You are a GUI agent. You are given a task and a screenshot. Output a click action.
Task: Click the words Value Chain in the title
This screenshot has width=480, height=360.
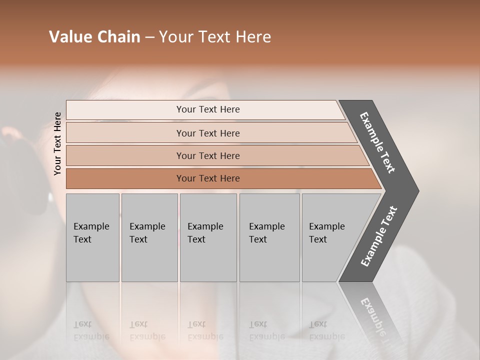94,37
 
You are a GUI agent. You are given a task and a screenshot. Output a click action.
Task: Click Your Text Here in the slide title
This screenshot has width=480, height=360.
215,37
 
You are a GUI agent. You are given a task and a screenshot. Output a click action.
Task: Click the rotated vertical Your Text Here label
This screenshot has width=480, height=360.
58,143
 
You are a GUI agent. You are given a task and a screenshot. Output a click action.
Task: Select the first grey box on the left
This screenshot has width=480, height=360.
92,237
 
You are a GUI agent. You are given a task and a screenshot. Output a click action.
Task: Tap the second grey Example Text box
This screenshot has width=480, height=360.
149,237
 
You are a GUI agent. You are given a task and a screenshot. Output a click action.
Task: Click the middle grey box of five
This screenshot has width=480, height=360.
208,237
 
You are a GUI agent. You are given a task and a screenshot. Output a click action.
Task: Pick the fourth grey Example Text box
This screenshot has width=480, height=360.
269,237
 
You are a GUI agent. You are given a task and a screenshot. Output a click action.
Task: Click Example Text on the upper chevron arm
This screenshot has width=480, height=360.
377,142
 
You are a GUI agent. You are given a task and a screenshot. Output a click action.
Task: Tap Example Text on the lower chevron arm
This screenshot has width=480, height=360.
379,236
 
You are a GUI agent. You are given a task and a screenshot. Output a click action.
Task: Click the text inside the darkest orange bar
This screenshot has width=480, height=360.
208,178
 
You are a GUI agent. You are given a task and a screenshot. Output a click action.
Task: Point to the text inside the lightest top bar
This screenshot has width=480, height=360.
208,109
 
